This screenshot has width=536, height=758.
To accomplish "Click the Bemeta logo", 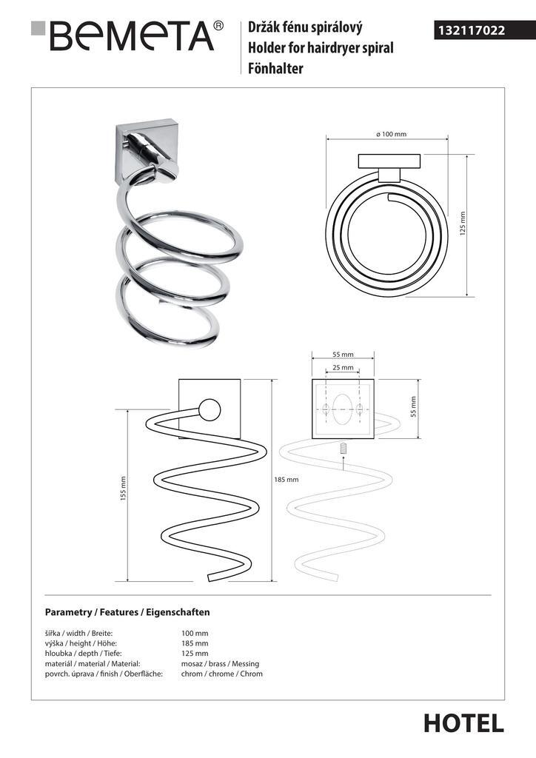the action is [x=127, y=36].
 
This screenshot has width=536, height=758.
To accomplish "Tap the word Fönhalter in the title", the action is [x=275, y=68].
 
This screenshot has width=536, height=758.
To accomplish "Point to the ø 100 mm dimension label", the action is [x=391, y=134].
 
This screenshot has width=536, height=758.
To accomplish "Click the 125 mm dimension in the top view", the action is [x=463, y=224].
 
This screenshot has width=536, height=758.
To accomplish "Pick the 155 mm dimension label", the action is [x=123, y=489].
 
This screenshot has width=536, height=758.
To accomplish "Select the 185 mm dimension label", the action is [x=286, y=480].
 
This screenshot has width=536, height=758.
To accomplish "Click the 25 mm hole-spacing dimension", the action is [x=343, y=367].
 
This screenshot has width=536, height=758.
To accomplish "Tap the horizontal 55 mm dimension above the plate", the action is [x=343, y=355].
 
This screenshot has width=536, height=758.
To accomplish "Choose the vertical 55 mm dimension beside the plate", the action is [x=413, y=406].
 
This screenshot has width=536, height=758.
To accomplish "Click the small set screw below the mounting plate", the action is [x=343, y=448].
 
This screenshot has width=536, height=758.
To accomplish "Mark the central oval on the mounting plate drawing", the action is [x=343, y=409].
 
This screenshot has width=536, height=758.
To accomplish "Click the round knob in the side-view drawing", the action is [x=210, y=411].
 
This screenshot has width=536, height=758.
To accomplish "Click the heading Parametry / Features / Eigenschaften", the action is [x=127, y=612].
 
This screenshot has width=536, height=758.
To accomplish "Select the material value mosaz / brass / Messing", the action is [x=220, y=664].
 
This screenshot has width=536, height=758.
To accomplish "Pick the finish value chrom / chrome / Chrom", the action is [x=222, y=674].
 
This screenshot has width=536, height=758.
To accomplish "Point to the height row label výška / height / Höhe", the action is [x=81, y=643].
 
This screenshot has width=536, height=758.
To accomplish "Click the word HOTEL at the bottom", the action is [x=464, y=724].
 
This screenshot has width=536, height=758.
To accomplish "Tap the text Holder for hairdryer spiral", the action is [x=321, y=48].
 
